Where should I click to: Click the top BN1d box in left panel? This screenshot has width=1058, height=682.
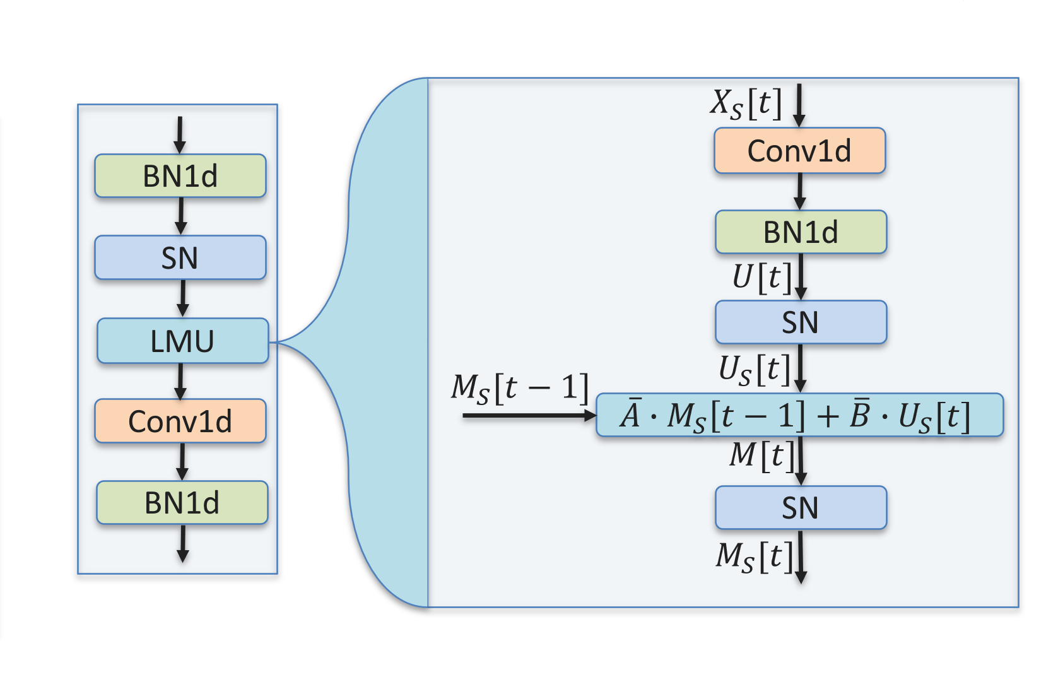(x=180, y=176)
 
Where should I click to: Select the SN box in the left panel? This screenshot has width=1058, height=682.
(x=180, y=257)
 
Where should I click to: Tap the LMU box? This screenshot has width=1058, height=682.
(x=183, y=341)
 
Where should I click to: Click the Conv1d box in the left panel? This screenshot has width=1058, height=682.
(x=180, y=421)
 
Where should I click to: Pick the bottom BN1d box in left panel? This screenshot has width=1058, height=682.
(x=182, y=503)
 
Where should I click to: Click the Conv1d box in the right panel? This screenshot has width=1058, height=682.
(x=799, y=151)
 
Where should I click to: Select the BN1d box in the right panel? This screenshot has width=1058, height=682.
(x=801, y=232)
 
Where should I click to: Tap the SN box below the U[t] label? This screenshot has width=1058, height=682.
(x=801, y=322)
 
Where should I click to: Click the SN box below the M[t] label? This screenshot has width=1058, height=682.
(x=801, y=508)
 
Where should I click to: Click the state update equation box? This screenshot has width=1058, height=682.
(x=799, y=415)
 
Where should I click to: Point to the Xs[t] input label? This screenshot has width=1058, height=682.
(x=746, y=103)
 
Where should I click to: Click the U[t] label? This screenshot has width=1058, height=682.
(x=761, y=277)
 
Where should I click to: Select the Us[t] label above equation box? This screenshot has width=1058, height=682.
(x=754, y=369)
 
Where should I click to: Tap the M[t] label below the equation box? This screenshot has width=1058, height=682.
(x=761, y=455)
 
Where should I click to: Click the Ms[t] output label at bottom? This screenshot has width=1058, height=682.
(x=753, y=557)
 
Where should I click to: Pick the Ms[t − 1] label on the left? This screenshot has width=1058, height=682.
(x=519, y=387)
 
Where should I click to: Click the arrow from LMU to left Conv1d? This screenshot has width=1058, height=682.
(x=180, y=381)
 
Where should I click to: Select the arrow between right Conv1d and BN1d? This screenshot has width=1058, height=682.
(x=799, y=191)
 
